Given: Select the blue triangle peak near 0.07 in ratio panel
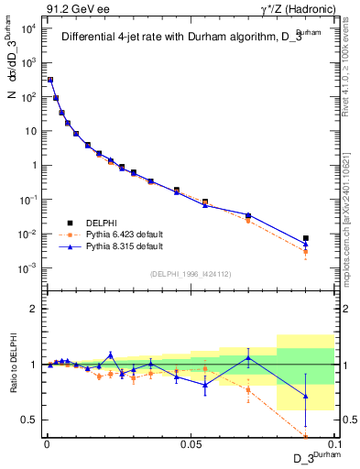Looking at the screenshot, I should [248, 357].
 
